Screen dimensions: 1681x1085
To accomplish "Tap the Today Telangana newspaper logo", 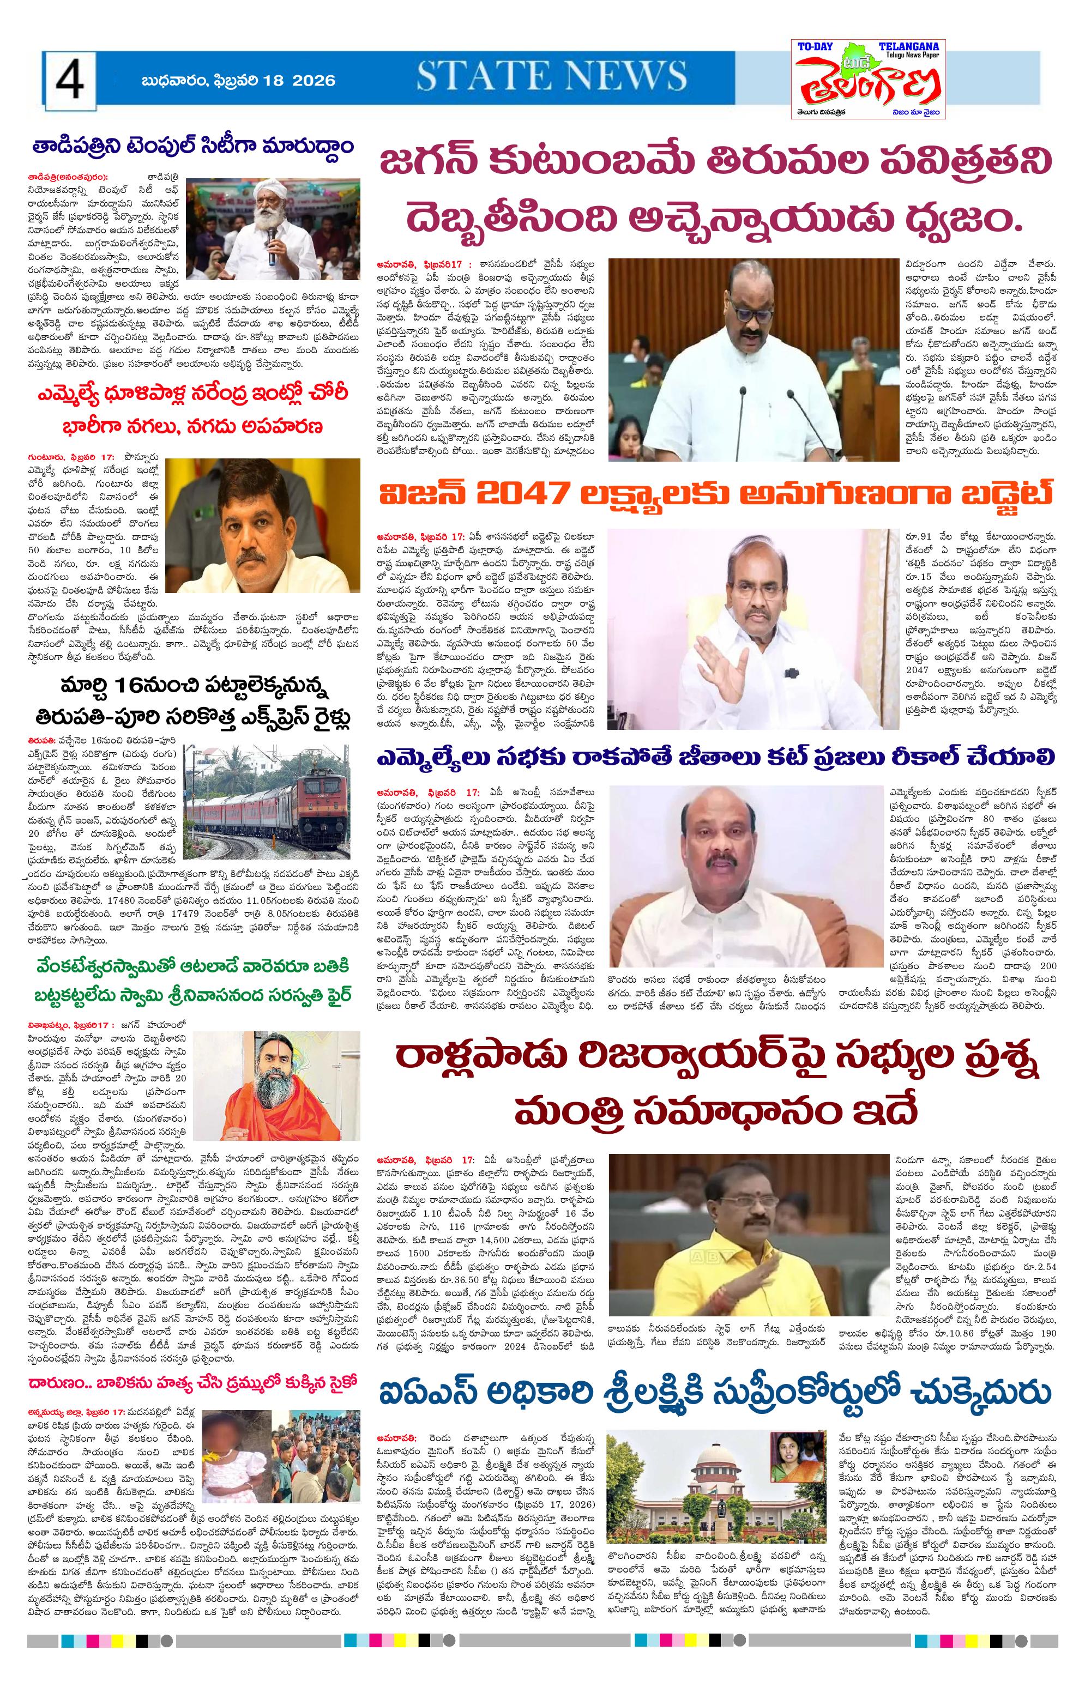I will tap(867, 79).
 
